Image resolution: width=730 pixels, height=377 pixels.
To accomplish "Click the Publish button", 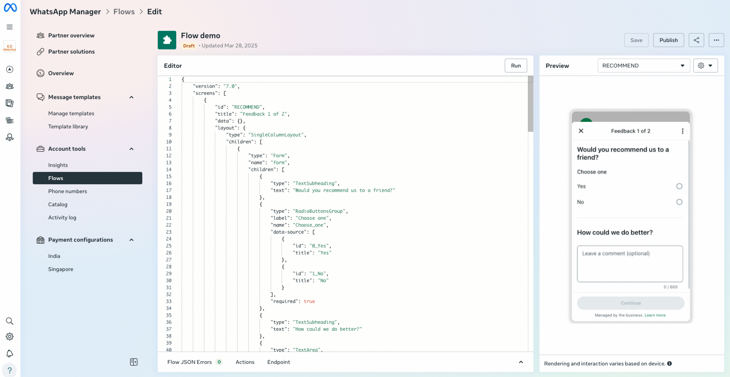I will tap(668, 40).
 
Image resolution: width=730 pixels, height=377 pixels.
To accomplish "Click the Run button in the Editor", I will tap(516, 66).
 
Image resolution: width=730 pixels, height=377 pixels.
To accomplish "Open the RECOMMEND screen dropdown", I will tap(643, 66).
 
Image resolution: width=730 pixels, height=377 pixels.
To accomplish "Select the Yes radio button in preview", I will tap(679, 186).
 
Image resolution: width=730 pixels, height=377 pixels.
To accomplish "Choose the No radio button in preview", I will tap(679, 202).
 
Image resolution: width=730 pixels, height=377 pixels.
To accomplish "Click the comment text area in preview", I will tap(630, 264).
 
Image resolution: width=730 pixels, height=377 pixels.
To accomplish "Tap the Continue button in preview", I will tap(631, 303).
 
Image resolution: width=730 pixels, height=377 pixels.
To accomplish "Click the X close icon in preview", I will tap(581, 131).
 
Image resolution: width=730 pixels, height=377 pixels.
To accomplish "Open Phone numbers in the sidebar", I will tap(67, 191).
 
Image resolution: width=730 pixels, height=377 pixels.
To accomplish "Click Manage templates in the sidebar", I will tap(71, 113).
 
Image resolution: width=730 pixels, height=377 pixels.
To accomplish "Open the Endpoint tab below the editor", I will tap(278, 362).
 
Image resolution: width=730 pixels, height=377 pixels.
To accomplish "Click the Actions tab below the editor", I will tap(245, 362).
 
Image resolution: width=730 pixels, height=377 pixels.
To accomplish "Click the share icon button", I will tap(696, 40).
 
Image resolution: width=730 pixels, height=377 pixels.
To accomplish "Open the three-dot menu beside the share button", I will tap(716, 40).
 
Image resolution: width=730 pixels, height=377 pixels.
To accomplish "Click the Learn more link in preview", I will tap(655, 315).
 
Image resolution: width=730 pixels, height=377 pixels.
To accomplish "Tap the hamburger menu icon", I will tap(10, 27).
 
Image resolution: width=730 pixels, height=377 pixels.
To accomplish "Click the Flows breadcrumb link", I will tap(124, 12).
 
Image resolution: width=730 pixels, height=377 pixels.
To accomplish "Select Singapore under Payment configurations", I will tap(61, 269).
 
